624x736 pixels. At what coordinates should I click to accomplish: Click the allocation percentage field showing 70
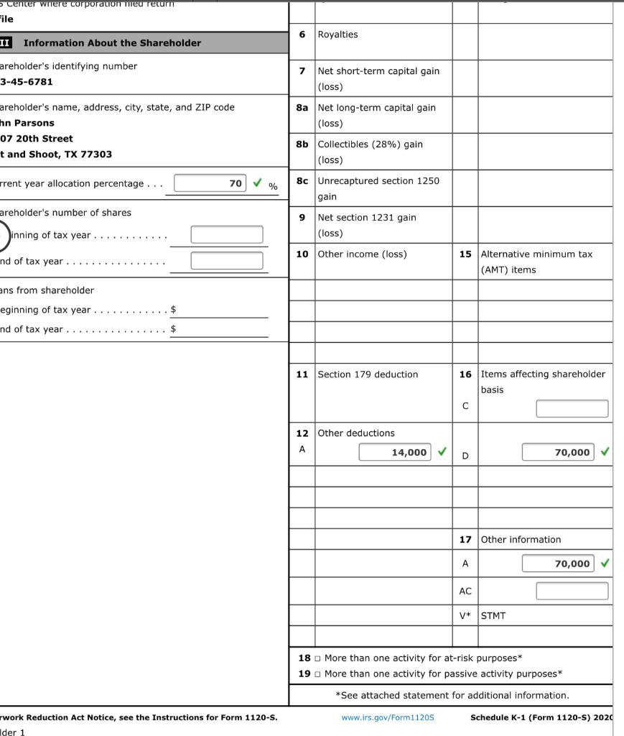(x=210, y=183)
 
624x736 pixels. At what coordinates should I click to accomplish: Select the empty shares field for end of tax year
(x=226, y=260)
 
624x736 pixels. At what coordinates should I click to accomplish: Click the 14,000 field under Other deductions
(x=396, y=452)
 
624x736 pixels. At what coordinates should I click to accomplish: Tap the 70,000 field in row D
(x=558, y=452)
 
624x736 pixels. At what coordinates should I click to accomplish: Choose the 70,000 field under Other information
(x=558, y=563)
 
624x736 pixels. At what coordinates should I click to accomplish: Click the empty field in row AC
(x=572, y=591)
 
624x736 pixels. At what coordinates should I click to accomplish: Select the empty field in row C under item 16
(x=572, y=408)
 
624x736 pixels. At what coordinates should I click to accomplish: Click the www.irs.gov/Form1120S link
(x=388, y=717)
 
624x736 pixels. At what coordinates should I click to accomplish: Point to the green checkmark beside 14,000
(x=442, y=452)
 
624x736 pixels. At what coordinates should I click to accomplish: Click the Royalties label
(x=337, y=34)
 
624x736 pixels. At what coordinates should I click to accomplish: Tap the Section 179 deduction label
(x=368, y=374)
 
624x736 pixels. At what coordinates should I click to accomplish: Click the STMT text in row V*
(x=493, y=616)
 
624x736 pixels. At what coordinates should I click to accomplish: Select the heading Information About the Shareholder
(x=112, y=43)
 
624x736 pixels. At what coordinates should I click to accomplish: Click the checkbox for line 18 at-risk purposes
(x=317, y=658)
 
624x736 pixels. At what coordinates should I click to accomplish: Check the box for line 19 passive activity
(x=317, y=674)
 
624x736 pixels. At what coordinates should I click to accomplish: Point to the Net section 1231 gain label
(x=367, y=218)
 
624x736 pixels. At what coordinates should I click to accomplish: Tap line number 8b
(x=302, y=144)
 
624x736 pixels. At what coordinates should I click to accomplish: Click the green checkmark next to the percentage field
(x=258, y=183)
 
